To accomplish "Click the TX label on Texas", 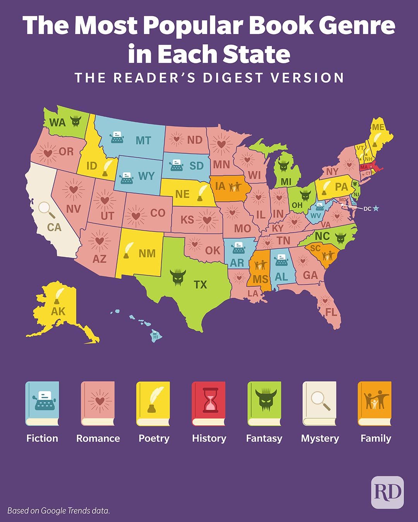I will pos(200,285).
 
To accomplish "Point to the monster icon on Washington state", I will pos(75,121).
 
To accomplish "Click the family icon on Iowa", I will pos(235,187).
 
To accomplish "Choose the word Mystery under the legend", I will pos(320,438).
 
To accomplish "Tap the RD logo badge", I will pos(387,492).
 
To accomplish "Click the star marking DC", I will pos(376,208).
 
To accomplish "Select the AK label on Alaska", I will pos(58,311).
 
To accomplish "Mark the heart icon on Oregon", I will pos(48,153).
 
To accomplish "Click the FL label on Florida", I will pos(332,312).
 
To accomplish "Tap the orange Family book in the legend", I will pos(375,404).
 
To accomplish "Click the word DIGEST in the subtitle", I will pos(233,77).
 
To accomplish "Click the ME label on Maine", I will pos(378,127).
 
